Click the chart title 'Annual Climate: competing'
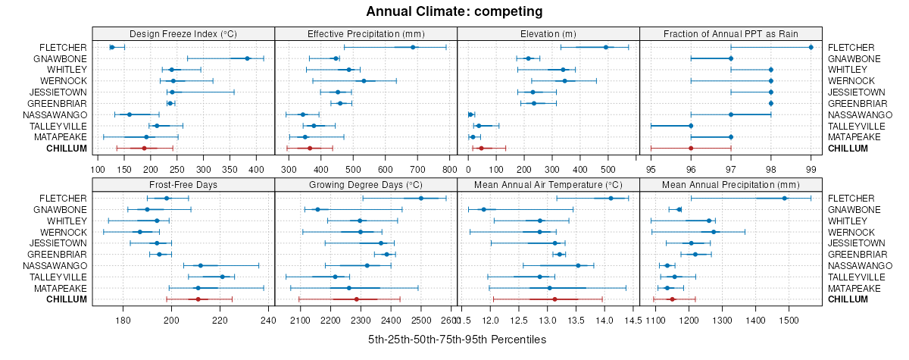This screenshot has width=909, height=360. [x=454, y=11]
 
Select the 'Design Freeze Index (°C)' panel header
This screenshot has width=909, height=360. [x=183, y=33]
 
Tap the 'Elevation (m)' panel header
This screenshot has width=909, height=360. [x=548, y=33]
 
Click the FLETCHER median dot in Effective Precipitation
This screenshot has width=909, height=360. [x=413, y=47]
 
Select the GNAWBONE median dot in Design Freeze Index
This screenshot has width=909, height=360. [x=247, y=58]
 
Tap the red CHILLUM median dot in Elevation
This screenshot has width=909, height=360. [x=481, y=148]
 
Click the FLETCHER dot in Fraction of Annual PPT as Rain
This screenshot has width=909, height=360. [x=811, y=47]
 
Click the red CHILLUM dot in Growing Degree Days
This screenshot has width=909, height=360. [x=356, y=299]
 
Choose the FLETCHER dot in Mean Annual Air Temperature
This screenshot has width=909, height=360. [x=611, y=198]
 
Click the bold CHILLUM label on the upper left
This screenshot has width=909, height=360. [x=67, y=149]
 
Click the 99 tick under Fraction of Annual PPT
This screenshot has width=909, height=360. [x=811, y=170]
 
